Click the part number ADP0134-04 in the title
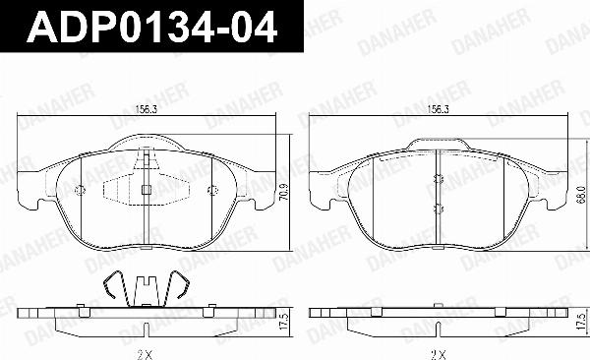[x=151, y=28]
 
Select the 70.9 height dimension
[x=285, y=191]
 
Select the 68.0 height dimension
[x=581, y=195]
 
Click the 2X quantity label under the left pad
[x=146, y=354]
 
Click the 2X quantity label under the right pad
[x=439, y=354]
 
